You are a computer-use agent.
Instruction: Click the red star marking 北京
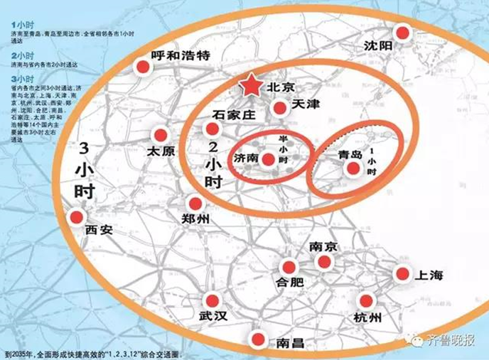[x=250, y=86]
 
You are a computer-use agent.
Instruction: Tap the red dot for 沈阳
[x=403, y=33]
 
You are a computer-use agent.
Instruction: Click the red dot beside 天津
[x=280, y=108]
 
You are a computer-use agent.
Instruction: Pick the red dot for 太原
[x=161, y=135]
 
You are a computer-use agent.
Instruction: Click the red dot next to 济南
[x=268, y=159]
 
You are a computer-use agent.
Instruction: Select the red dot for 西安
[x=76, y=217]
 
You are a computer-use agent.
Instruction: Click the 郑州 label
[x=196, y=219]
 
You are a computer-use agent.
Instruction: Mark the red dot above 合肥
[x=289, y=266]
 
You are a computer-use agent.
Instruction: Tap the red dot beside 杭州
[x=367, y=300]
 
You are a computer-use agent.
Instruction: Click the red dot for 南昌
[x=259, y=339]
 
